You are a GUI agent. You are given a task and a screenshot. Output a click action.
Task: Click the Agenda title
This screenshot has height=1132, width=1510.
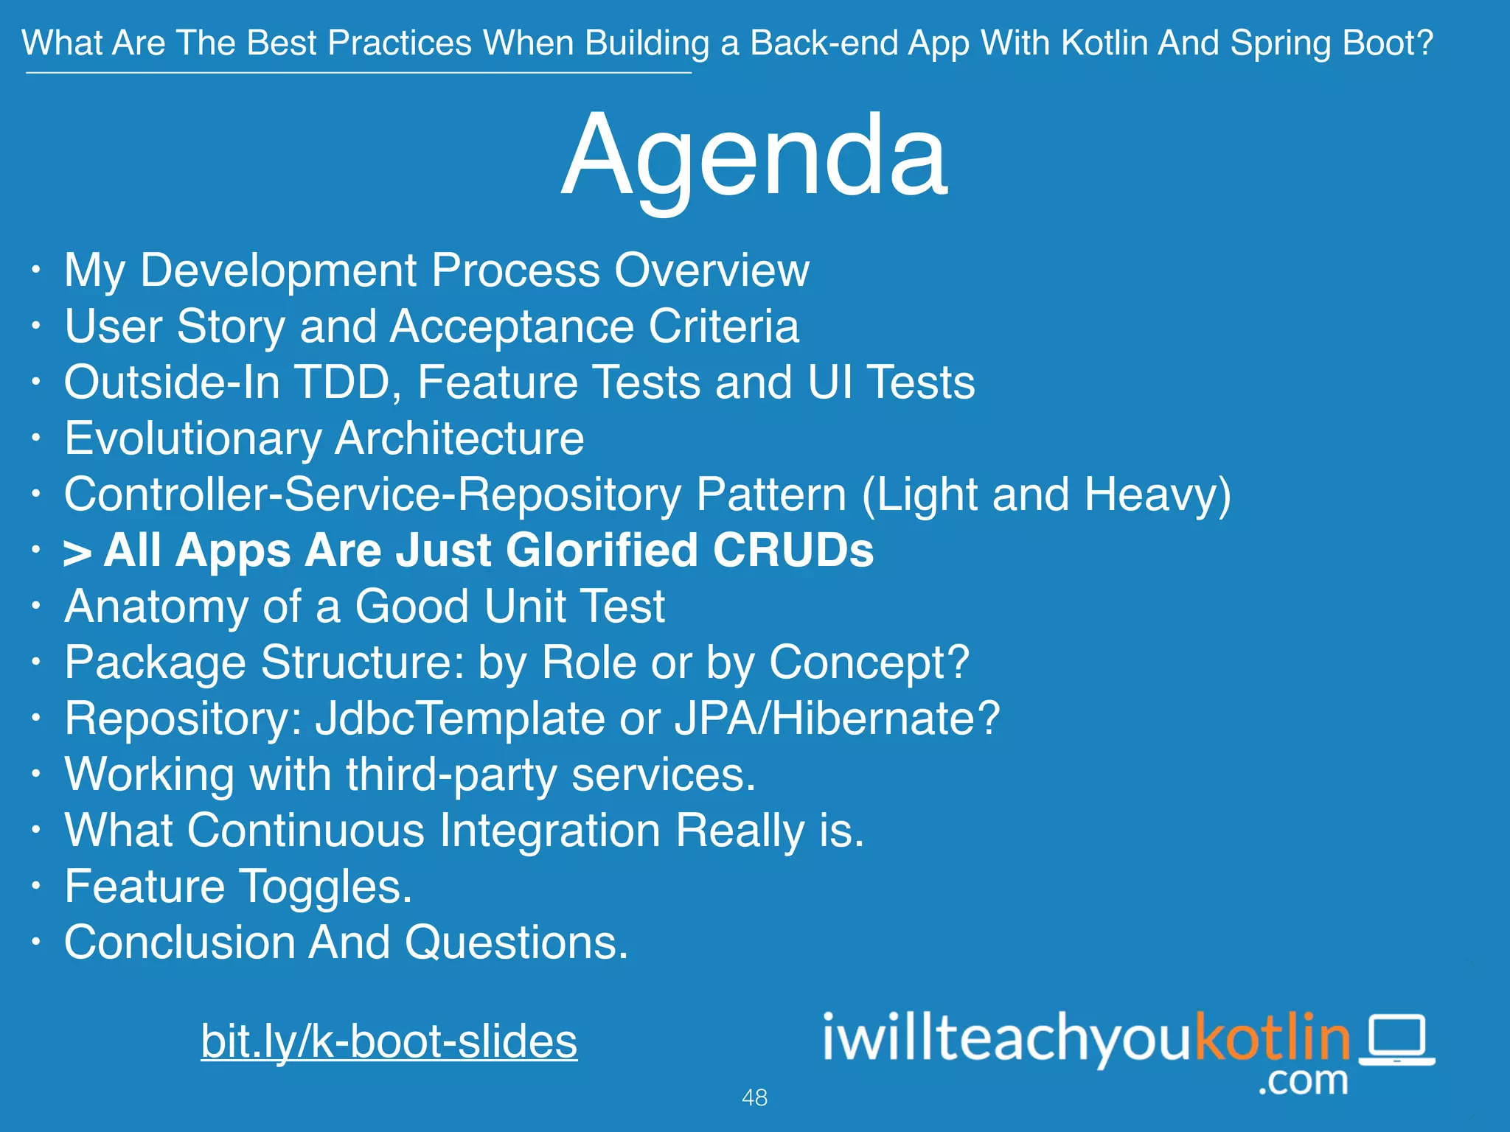[x=754, y=156]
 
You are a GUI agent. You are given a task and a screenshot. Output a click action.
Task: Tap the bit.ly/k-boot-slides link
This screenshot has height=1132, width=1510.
[x=389, y=1041]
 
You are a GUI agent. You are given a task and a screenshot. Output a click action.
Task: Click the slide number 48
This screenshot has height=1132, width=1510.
[x=754, y=1098]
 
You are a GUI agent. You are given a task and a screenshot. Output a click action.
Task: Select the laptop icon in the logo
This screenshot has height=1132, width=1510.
[x=1396, y=1040]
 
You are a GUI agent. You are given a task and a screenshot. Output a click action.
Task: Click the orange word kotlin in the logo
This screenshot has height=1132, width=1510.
[x=1272, y=1038]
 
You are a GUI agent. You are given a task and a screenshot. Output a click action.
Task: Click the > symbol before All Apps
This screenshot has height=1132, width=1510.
[x=77, y=553]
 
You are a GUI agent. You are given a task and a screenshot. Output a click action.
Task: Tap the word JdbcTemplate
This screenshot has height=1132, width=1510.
[x=460, y=719]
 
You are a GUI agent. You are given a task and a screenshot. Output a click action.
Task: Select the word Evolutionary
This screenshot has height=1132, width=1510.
[x=193, y=439]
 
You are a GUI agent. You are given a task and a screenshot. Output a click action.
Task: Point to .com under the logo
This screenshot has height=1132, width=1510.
[x=1303, y=1081]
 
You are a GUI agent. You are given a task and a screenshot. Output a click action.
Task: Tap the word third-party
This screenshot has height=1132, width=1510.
[x=451, y=775]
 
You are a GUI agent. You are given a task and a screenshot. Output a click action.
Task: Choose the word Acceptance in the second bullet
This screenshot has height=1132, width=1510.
[x=512, y=327]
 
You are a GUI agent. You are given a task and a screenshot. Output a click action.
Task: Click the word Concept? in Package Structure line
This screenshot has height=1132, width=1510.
[x=869, y=663]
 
